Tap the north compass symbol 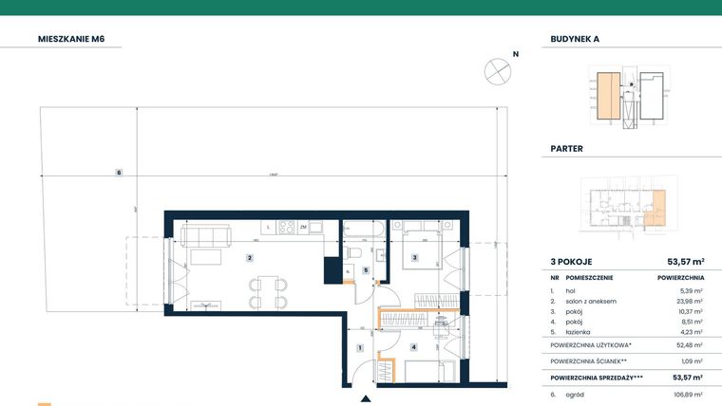[497, 69]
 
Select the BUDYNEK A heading [576, 40]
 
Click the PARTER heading [567, 149]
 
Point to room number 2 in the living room [249, 257]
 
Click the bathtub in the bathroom [363, 229]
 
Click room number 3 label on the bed [414, 257]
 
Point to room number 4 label [414, 347]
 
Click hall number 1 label [359, 348]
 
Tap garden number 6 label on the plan [119, 172]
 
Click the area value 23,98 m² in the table [692, 301]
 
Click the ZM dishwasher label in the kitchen [303, 228]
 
